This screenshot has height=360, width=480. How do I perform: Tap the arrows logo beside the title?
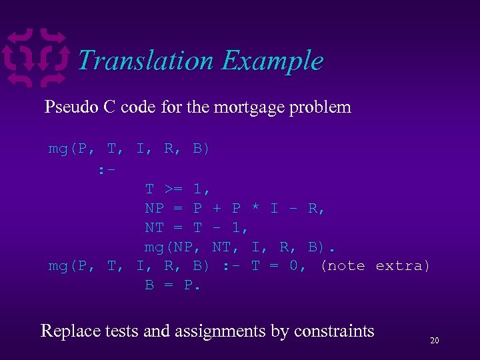coord(36,58)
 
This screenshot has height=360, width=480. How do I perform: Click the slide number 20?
coord(434,341)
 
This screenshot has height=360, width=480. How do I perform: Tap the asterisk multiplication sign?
coord(255,208)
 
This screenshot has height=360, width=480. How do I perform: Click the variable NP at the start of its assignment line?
coord(155,208)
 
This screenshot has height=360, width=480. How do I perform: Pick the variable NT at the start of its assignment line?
coord(155,227)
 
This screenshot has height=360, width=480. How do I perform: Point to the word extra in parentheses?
coord(403,266)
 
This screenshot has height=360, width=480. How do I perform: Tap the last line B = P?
coord(173,285)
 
